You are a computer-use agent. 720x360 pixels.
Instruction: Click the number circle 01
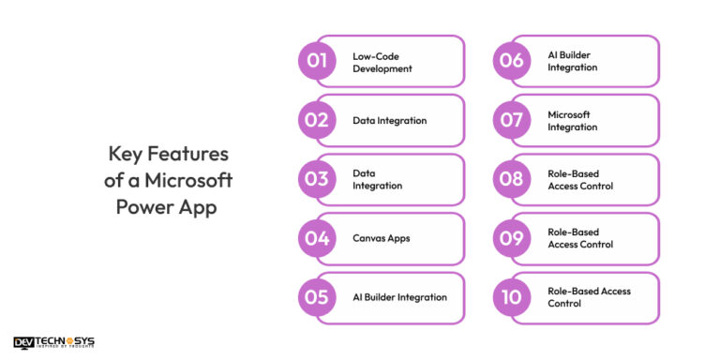317,62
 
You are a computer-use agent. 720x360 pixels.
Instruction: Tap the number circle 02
317,121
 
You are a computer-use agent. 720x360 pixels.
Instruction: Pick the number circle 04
317,238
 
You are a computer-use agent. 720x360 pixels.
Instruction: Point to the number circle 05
317,297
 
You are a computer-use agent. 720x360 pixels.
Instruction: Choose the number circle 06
512,62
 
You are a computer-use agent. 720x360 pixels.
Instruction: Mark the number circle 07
512,121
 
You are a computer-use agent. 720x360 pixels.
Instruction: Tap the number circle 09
512,238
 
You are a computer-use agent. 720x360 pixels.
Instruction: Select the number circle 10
512,297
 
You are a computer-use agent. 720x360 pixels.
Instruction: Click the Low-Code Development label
382,62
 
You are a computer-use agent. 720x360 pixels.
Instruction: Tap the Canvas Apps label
382,238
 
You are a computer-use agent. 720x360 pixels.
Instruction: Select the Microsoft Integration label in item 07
573,121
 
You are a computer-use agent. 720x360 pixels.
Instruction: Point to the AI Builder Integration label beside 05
399,297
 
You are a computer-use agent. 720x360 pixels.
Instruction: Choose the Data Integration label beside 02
390,121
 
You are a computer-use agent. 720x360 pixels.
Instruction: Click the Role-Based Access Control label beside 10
589,297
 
